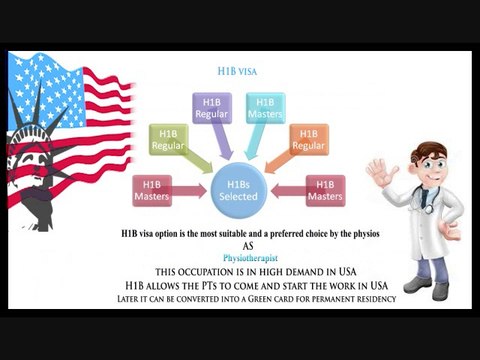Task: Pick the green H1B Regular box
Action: coord(168,139)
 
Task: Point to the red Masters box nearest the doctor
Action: coord(325,190)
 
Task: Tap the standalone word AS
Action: coord(241,245)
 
